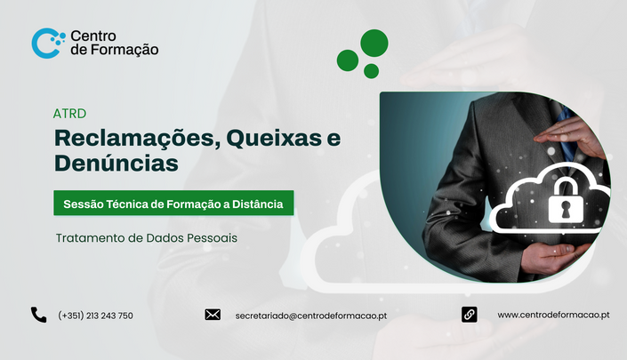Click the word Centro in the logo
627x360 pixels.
(x=93, y=36)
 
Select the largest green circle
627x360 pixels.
(x=374, y=43)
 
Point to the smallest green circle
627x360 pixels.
(x=371, y=71)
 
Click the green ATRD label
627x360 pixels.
(x=69, y=114)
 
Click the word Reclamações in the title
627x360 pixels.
(x=138, y=139)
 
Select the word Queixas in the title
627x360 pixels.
(x=274, y=138)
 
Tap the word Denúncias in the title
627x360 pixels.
(x=117, y=163)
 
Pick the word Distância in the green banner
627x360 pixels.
(x=258, y=204)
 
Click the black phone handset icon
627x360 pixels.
(x=39, y=315)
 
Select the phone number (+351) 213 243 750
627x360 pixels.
(x=95, y=316)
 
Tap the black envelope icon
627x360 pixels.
(x=213, y=315)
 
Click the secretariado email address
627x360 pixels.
(x=311, y=316)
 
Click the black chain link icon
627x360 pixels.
(x=469, y=315)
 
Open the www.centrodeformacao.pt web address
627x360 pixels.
(x=553, y=315)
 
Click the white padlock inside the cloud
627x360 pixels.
(x=565, y=201)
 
